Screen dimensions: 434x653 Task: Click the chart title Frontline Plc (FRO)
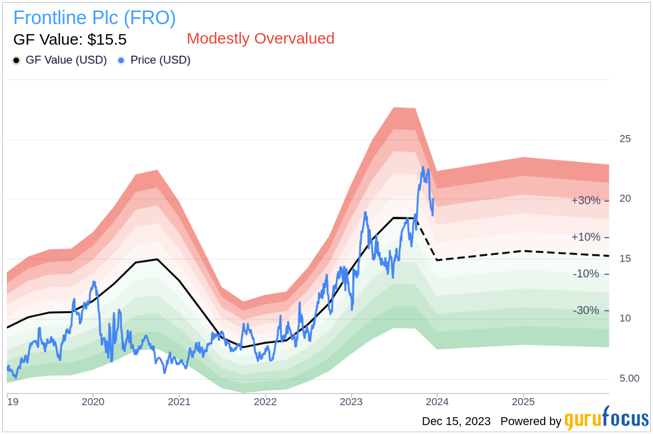[95, 18]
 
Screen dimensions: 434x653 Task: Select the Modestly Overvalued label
[260, 38]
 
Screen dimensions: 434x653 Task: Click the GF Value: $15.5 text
[70, 39]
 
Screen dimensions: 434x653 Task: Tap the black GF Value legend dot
[16, 60]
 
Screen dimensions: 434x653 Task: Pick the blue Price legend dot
[121, 60]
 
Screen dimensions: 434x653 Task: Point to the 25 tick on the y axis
[625, 139]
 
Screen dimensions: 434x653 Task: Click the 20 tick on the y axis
[625, 199]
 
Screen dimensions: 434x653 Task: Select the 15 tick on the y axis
[625, 259]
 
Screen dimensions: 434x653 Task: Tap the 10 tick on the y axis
[625, 318]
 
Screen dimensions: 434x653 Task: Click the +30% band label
[586, 200]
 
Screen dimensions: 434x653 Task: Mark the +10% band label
[586, 237]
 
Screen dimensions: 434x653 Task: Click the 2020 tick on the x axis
[93, 402]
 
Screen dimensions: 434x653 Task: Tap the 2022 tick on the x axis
[265, 402]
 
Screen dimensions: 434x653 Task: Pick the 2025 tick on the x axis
[523, 402]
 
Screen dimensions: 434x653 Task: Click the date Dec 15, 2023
[456, 421]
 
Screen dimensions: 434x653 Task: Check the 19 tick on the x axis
[12, 402]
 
